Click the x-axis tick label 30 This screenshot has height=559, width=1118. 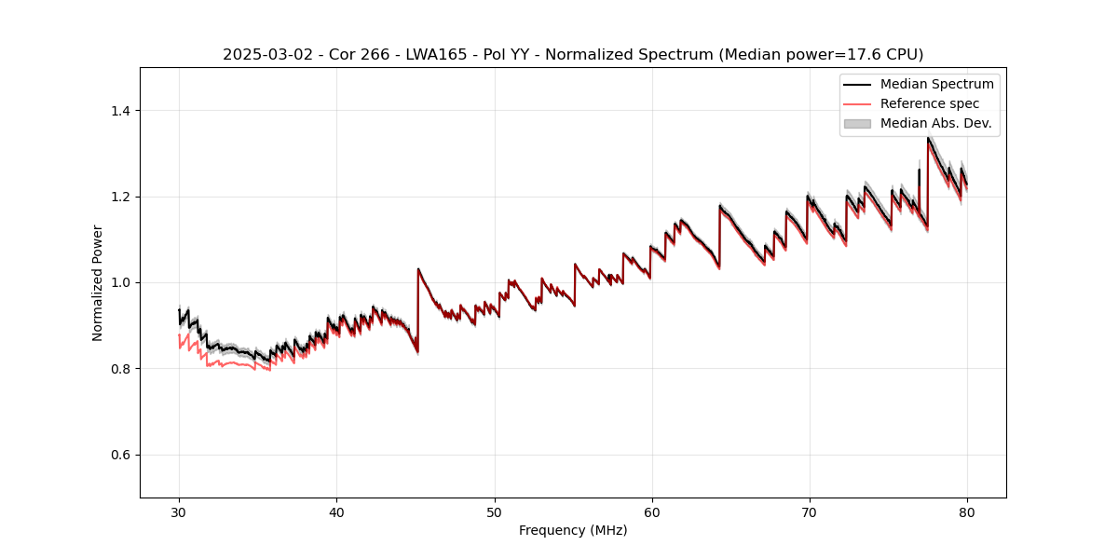179,511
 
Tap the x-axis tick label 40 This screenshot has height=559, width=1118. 336,511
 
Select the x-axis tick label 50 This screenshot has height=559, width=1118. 494,511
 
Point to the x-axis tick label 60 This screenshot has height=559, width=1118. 651,511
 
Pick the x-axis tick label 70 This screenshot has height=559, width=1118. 809,511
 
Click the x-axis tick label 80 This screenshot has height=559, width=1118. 966,511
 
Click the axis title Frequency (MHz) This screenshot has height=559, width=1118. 573,530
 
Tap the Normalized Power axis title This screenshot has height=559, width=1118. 98,282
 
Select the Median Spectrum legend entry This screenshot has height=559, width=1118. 936,84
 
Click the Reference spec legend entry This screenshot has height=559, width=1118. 929,103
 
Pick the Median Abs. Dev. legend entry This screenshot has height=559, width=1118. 935,123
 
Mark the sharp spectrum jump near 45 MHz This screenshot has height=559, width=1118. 418,307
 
